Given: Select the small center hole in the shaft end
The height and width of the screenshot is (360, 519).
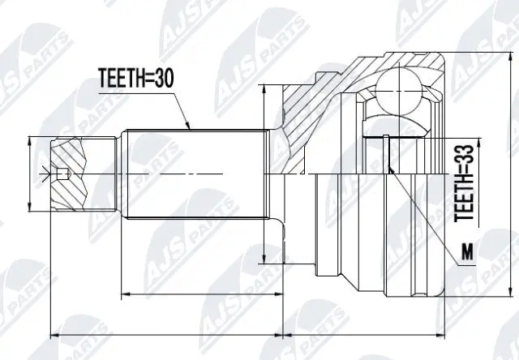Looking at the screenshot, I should coord(62,173).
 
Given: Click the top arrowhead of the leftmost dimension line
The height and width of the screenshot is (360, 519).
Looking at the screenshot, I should coord(30,141).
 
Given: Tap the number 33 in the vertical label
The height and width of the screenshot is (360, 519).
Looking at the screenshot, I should coord(465,160).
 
